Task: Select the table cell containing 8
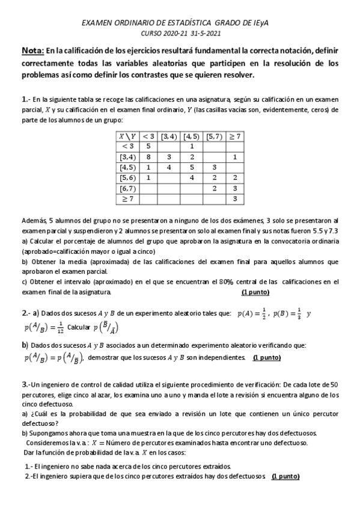(148, 156)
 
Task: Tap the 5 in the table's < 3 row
(148, 146)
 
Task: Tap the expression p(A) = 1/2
(251, 313)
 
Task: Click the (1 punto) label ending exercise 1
(255, 292)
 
